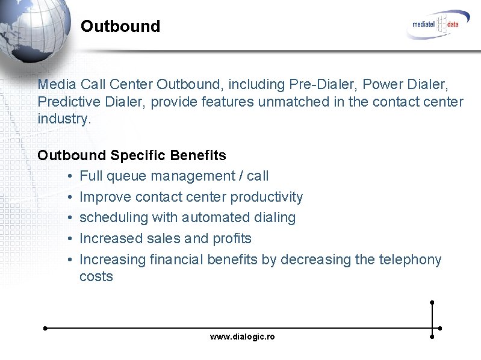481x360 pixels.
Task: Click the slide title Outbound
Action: (120, 26)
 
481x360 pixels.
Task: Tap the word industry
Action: (64, 119)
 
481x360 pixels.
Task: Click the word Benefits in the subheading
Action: (198, 155)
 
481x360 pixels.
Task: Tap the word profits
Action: (232, 238)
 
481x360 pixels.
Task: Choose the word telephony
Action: (409, 259)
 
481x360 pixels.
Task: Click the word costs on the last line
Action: (96, 277)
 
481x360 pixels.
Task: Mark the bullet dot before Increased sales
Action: (70, 239)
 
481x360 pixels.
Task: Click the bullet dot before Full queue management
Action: (70, 176)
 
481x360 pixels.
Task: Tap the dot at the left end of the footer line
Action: (45, 329)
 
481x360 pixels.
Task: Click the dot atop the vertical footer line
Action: (432, 302)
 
